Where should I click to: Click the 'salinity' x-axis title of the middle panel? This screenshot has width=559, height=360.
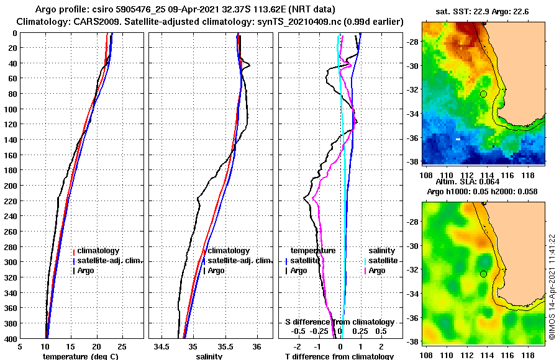pyautogui.click(x=210, y=356)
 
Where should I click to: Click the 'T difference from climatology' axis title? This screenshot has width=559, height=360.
pyautogui.click(x=339, y=356)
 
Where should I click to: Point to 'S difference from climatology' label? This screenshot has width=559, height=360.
pyautogui.click(x=339, y=322)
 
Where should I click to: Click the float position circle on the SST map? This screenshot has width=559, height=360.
pyautogui.click(x=483, y=94)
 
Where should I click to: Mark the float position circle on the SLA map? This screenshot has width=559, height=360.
pyautogui.click(x=483, y=274)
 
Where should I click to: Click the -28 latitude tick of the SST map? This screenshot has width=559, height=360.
pyautogui.click(x=412, y=42)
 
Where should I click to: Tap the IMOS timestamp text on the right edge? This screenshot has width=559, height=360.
pyautogui.click(x=552, y=287)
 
